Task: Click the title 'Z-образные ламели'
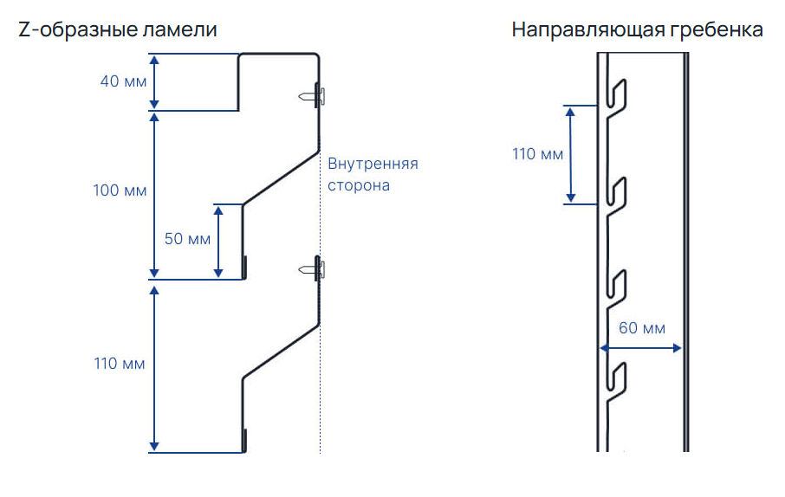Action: click(x=117, y=29)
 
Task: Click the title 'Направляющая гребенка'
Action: click(x=637, y=29)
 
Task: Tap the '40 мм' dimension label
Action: click(x=121, y=82)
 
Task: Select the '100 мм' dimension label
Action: click(x=120, y=190)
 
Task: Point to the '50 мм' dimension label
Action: click(x=186, y=238)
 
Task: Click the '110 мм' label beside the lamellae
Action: click(x=120, y=363)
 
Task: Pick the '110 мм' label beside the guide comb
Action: click(x=537, y=154)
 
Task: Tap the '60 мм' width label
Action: click(x=642, y=328)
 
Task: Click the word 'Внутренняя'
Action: click(x=373, y=164)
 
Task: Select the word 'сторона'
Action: click(x=358, y=185)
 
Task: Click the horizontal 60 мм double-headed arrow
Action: click(x=641, y=348)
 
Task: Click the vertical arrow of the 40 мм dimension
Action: click(x=154, y=82)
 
